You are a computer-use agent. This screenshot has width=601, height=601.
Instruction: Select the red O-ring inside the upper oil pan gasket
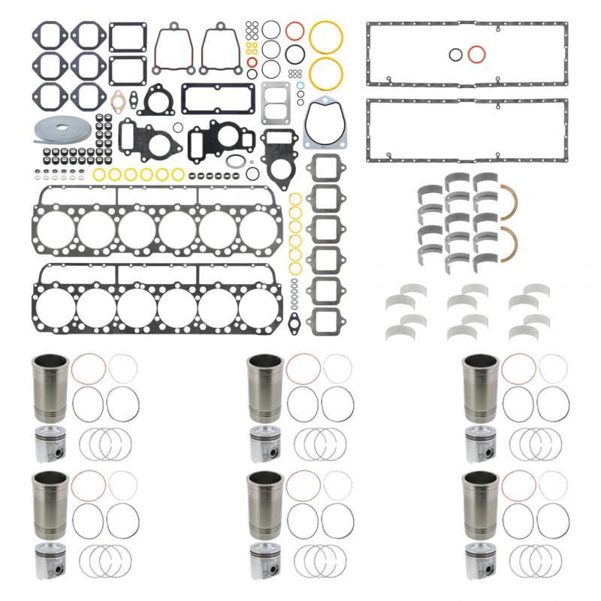pos(476,54)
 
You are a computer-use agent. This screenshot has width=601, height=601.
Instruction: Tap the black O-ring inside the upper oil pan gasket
pos(455,54)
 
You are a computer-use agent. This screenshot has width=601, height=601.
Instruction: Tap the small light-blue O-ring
pos(300,86)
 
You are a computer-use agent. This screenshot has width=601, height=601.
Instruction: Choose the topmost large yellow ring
pos(327,37)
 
